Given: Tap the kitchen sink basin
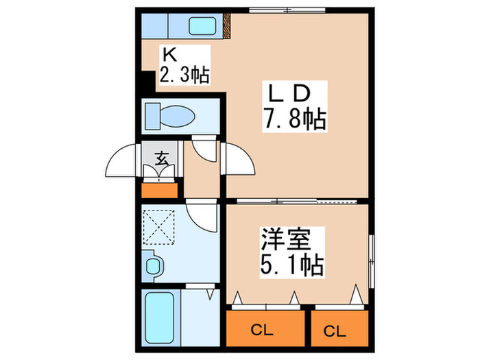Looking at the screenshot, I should coord(203,27).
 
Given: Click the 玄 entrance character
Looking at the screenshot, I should coord(163,159).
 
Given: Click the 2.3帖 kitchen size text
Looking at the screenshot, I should coord(183,73).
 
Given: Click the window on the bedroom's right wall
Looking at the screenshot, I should coord(371,261).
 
